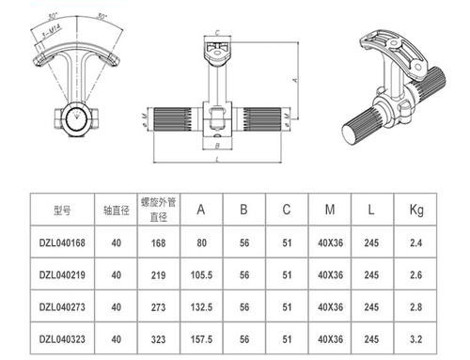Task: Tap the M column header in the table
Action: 327,209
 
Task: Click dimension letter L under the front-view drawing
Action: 218,162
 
